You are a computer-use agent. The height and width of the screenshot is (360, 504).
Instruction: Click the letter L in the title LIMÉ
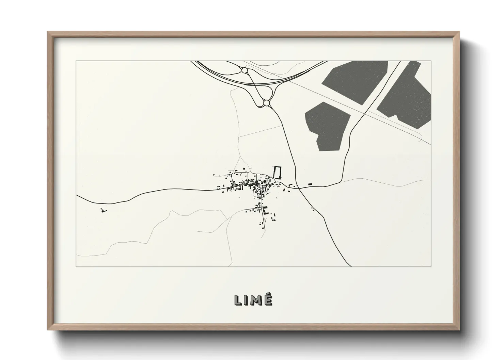238,300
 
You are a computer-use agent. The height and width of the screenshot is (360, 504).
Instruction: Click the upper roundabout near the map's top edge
244,70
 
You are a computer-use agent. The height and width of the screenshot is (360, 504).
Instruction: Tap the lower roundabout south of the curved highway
266,102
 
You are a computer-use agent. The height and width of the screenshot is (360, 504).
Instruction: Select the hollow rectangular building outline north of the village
278,172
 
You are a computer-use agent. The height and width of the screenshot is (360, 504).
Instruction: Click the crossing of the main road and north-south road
298,187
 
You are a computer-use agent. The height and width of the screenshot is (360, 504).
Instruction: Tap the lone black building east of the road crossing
310,184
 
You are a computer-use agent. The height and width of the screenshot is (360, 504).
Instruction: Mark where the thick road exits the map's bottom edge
350,266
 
